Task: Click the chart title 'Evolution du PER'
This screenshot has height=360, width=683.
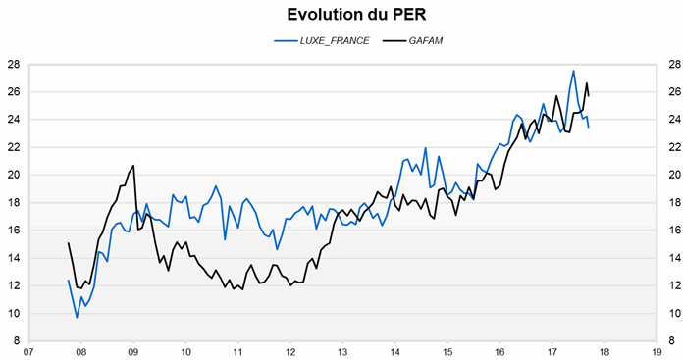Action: [341, 15]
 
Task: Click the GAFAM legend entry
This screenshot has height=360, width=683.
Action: [409, 41]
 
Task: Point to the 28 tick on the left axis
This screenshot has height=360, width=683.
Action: [14, 65]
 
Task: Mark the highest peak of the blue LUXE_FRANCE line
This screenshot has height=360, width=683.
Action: [573, 71]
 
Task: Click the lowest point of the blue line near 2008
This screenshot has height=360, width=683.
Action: [77, 317]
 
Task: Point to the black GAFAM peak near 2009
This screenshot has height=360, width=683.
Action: [133, 165]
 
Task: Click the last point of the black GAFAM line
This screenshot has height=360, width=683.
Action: [588, 95]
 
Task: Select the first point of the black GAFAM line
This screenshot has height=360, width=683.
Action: [68, 243]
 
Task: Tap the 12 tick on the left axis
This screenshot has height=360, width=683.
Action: [14, 286]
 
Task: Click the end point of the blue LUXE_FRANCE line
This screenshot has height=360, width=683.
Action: [588, 128]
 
